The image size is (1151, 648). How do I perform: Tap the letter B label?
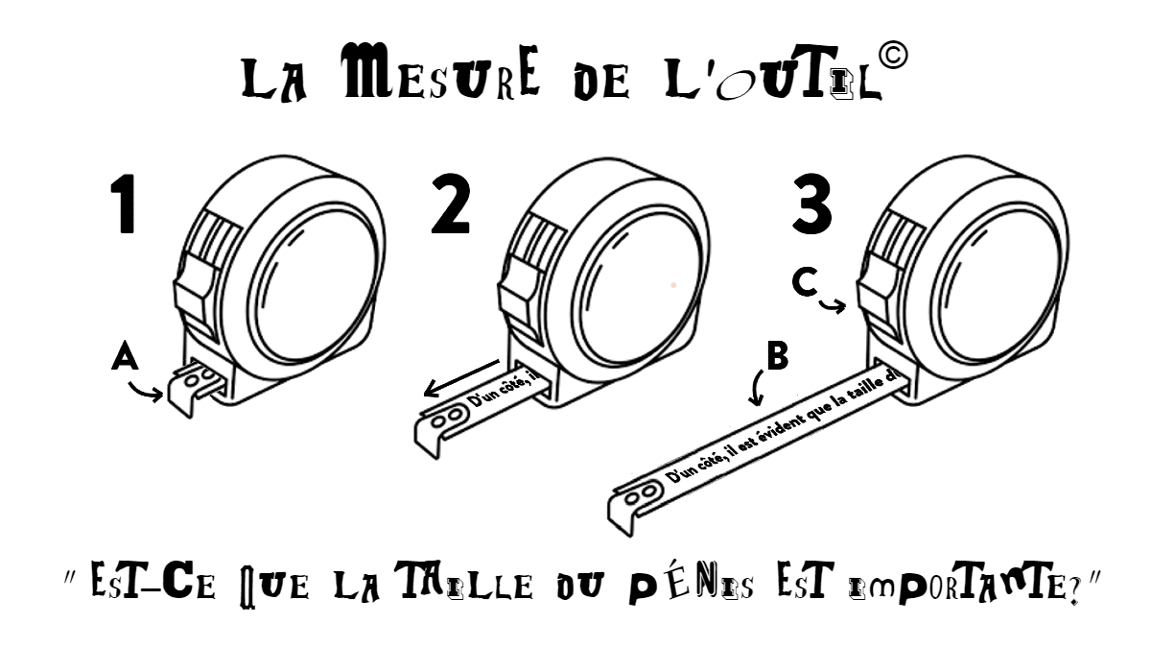click(777, 356)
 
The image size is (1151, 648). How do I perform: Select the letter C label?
click(806, 283)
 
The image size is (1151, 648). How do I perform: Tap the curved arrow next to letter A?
click(149, 391)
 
